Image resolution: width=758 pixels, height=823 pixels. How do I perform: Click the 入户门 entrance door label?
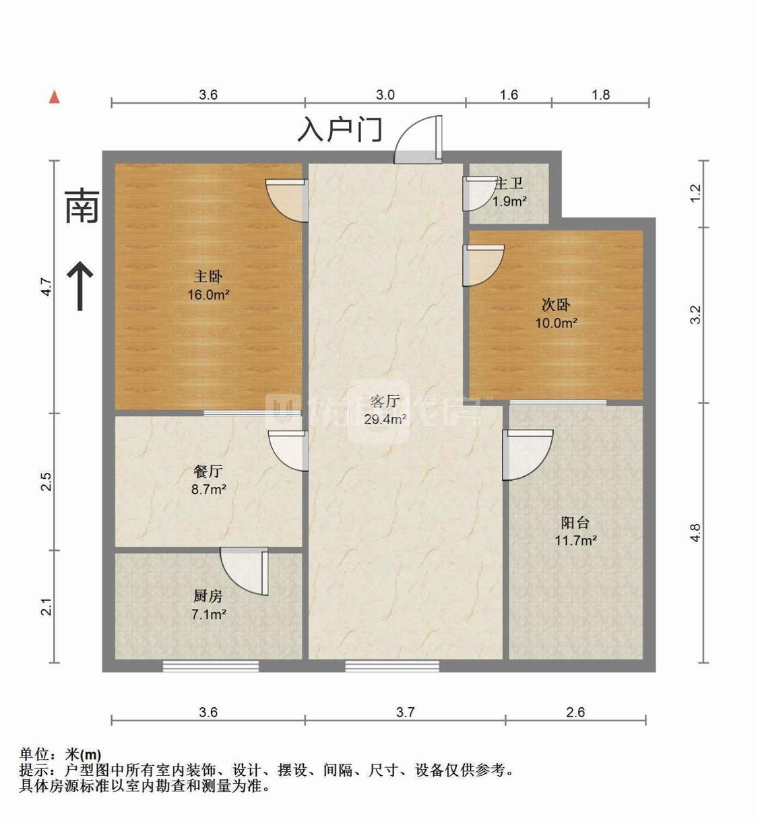(340, 129)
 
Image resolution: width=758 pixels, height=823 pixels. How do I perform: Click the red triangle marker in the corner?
(55, 97)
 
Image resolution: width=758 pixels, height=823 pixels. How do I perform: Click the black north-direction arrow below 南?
(81, 286)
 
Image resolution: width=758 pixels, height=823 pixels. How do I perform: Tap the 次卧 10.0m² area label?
(556, 314)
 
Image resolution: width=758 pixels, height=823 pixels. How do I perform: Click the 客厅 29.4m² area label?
(385, 410)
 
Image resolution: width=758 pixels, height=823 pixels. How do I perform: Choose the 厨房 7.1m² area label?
(208, 605)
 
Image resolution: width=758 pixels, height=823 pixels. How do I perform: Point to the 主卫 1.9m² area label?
(509, 192)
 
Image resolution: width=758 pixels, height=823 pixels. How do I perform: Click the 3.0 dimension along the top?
(385, 95)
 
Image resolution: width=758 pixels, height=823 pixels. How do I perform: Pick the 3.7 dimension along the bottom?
(405, 712)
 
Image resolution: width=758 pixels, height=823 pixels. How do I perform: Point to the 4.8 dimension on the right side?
(695, 533)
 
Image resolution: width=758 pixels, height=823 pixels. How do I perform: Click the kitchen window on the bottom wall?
(211, 666)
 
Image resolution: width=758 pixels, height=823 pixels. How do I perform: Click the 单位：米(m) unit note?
(61, 755)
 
